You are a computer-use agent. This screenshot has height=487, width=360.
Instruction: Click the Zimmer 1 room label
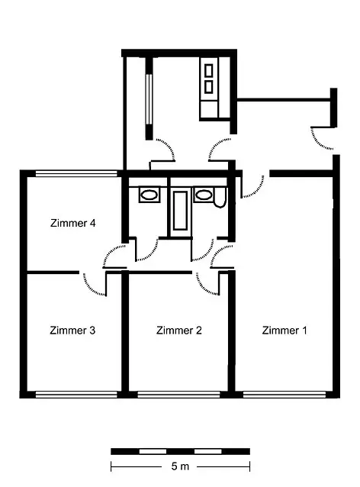point(284,331)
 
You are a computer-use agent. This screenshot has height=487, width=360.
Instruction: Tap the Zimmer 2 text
point(179,331)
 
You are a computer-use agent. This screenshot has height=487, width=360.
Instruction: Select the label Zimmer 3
point(72,331)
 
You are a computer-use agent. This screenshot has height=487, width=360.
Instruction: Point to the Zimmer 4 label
point(73,223)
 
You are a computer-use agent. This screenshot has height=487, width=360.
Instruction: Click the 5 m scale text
point(180,466)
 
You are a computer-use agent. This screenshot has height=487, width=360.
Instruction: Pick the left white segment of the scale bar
point(153,451)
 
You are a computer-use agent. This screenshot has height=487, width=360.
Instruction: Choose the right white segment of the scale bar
point(207,451)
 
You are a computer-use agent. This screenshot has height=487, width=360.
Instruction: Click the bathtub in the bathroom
point(180,211)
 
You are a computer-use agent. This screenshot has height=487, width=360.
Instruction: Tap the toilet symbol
point(220,198)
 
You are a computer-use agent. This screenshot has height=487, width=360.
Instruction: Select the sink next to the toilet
point(204,195)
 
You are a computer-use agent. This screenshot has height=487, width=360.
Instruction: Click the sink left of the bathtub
point(149,195)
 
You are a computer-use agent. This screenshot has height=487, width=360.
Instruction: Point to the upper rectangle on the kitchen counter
point(208,70)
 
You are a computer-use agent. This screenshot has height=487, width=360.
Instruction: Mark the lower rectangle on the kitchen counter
point(208,87)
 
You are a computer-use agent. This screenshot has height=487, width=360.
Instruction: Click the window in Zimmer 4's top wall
point(76,173)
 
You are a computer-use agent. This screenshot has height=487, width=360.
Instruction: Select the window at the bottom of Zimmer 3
point(76,395)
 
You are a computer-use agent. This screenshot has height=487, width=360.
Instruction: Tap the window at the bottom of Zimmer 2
point(178,395)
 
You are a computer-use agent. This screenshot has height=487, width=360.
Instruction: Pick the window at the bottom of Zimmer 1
point(284,395)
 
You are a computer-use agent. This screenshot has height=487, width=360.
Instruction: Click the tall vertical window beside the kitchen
point(149,99)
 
